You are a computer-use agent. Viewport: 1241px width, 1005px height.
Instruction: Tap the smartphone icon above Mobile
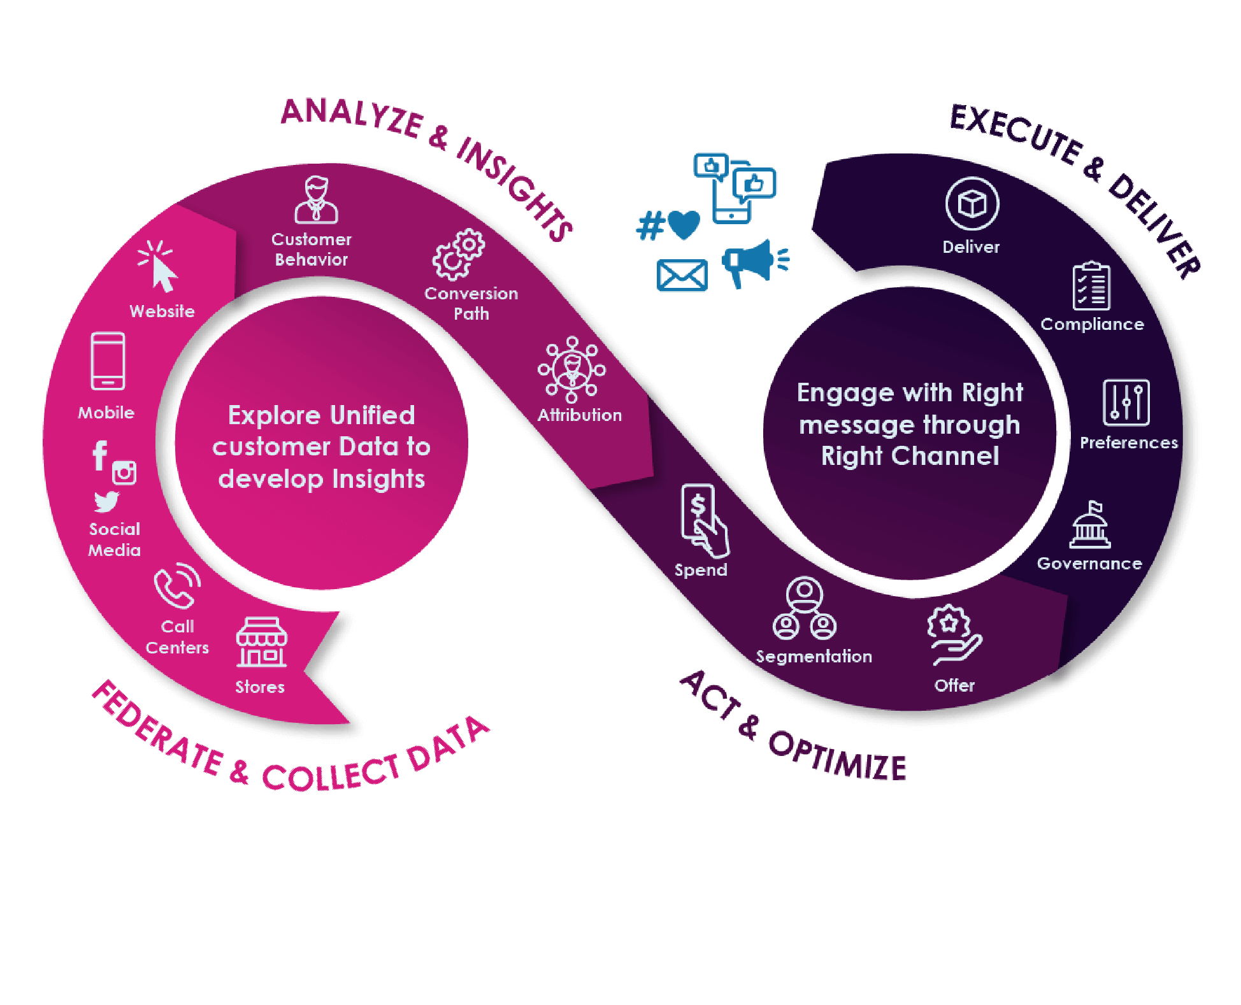click(108, 360)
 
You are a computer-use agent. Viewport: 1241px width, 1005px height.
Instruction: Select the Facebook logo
click(100, 455)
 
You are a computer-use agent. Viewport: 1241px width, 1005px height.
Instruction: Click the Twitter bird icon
click(106, 502)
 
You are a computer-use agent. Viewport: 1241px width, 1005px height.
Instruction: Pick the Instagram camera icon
click(124, 473)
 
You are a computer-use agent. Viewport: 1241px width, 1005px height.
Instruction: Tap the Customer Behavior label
click(312, 249)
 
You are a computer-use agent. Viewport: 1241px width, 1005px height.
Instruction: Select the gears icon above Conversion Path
click(459, 255)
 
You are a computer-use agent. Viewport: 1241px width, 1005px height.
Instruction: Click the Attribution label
click(580, 415)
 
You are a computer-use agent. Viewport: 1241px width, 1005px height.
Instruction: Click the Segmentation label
click(814, 657)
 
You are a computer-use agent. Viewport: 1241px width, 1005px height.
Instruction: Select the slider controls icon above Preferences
click(1126, 403)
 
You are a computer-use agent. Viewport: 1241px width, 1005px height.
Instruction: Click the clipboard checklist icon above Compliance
click(1091, 287)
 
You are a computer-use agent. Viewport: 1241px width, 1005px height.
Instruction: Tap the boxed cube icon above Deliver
click(972, 204)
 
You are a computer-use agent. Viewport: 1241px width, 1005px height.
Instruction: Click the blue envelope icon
click(682, 276)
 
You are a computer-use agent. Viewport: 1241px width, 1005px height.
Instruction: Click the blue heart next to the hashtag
click(684, 225)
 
